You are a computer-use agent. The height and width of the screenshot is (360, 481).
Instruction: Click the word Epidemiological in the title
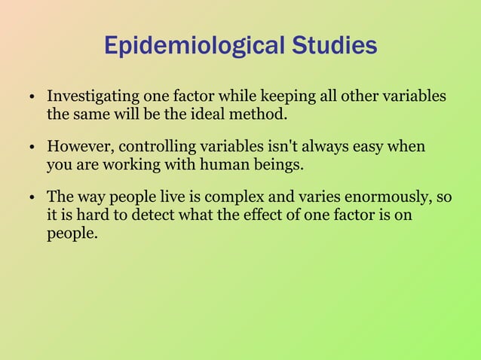(x=192, y=47)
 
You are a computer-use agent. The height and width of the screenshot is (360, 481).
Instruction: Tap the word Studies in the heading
(x=332, y=47)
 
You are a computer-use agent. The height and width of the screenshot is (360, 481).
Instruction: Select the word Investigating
(x=94, y=97)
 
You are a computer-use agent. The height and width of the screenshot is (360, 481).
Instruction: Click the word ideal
(x=214, y=116)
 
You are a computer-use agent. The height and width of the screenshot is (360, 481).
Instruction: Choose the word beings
(x=282, y=164)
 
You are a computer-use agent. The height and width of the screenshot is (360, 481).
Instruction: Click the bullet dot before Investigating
(x=34, y=99)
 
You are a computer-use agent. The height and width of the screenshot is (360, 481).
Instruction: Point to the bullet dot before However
(x=34, y=147)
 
